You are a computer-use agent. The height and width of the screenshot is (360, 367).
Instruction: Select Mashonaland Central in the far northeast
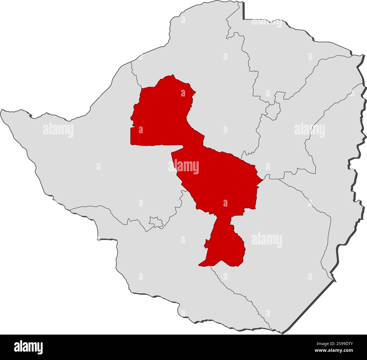point(282,56)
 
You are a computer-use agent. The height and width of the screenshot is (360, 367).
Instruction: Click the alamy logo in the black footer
point(29,347)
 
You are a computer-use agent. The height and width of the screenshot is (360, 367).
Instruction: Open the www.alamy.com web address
point(334,351)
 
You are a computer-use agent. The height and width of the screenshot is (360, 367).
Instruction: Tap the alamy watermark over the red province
point(183,167)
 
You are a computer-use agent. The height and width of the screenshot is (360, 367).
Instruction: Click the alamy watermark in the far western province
point(58,130)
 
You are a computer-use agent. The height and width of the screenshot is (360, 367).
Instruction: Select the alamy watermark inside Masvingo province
point(266,240)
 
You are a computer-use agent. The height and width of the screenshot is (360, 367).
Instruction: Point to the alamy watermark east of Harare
point(309,130)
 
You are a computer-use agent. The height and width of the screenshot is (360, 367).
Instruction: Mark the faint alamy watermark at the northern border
point(266,22)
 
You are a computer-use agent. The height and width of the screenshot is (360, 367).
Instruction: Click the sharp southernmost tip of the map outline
point(281,333)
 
